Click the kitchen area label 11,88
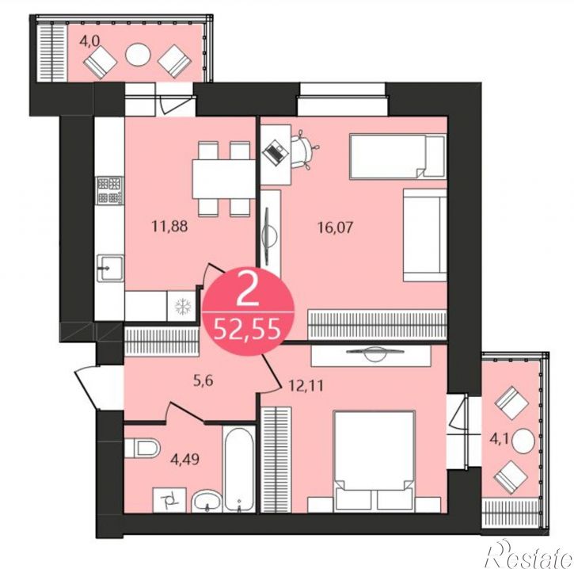pyautogui.click(x=170, y=227)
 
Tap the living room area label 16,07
pyautogui.click(x=336, y=227)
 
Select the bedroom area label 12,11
pyautogui.click(x=306, y=385)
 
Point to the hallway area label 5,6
pyautogui.click(x=203, y=381)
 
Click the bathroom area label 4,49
pyautogui.click(x=185, y=459)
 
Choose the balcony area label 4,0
pyautogui.click(x=89, y=41)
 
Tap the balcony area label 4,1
pyautogui.click(x=500, y=438)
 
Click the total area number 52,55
pyautogui.click(x=248, y=329)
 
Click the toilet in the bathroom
pyautogui.click(x=142, y=448)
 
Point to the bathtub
pyautogui.click(x=239, y=468)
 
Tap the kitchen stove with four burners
pyautogui.click(x=109, y=190)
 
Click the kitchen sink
pyautogui.click(x=110, y=269)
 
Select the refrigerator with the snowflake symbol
pyautogui.click(x=183, y=307)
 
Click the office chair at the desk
pyautogui.click(x=304, y=151)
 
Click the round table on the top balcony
pyautogui.click(x=138, y=55)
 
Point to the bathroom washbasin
pyautogui.click(x=207, y=501)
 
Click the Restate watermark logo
pyautogui.click(x=529, y=555)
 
